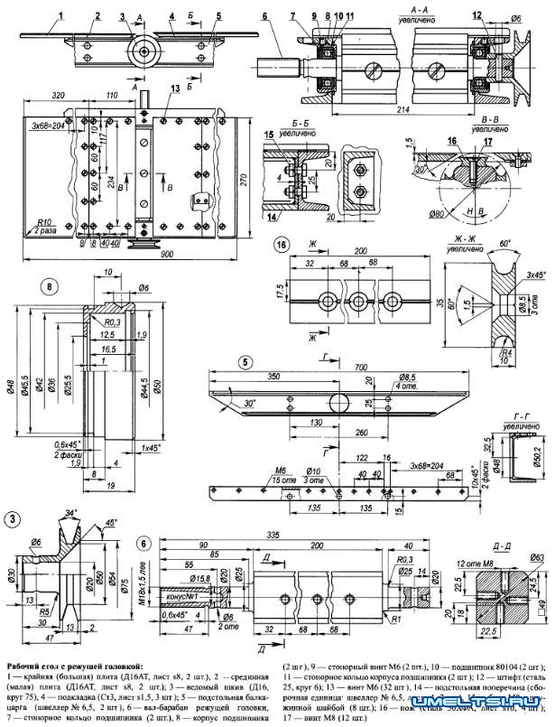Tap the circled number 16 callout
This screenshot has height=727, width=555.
[x=282, y=245]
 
